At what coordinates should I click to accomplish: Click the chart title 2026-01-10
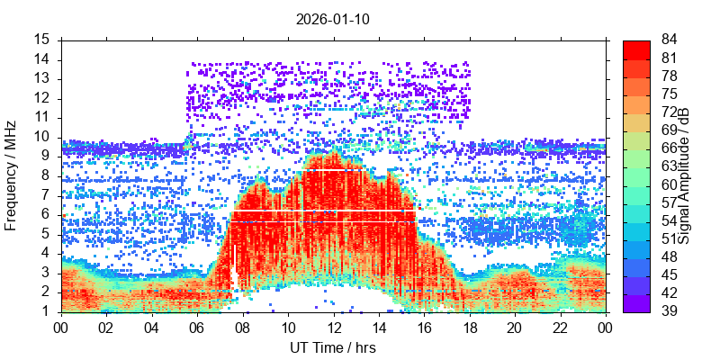pos(333,18)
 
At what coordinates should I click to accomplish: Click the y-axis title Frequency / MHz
pos(12,175)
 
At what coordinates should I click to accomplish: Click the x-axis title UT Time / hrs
pos(333,347)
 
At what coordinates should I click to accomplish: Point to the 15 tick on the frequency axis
pos(42,40)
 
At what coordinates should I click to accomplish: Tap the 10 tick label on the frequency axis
pos(42,137)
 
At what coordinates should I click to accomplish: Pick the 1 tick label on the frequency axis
pos(46,311)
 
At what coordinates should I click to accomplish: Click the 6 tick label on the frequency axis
pos(46,214)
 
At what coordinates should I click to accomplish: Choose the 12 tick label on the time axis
pos(333,328)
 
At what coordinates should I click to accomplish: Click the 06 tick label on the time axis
pos(197,328)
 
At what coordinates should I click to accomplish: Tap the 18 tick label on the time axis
pos(469,328)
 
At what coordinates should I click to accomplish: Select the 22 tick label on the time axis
pos(559,328)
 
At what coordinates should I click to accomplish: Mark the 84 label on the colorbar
pos(670,40)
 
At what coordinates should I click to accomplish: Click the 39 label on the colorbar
pos(670,311)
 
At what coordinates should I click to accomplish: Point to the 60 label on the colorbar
pos(670,184)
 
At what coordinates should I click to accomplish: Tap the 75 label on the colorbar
pos(670,94)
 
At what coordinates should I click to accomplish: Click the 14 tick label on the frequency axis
pos(42,59)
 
